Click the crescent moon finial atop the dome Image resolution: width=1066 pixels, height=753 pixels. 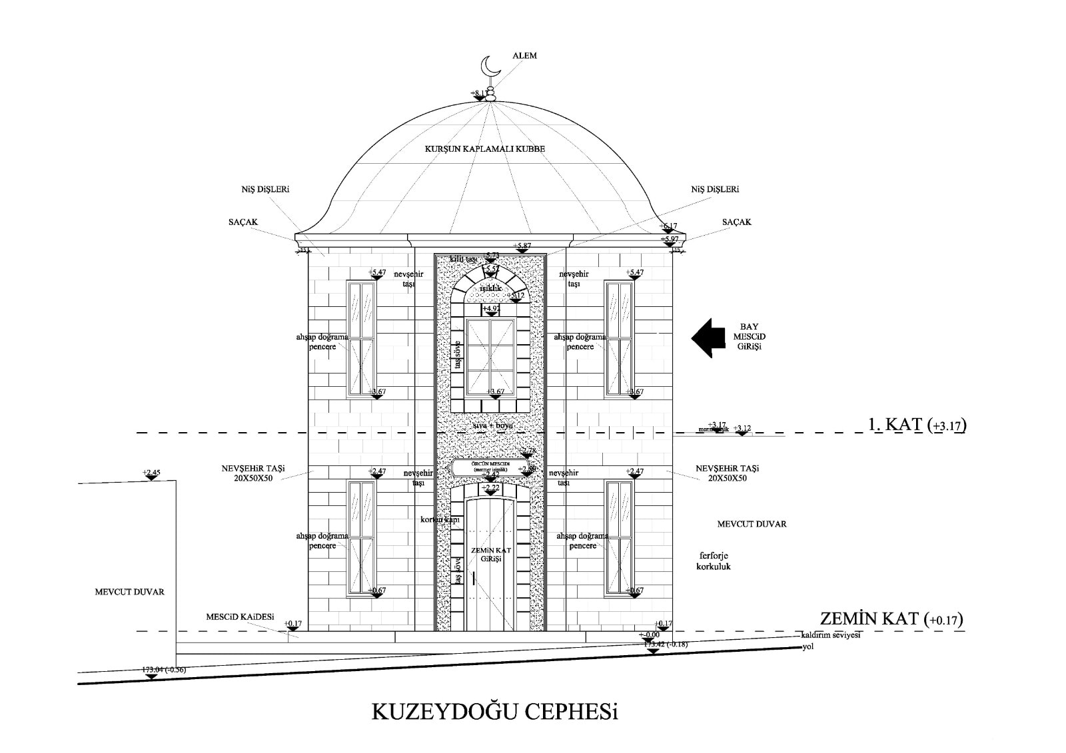click(490, 67)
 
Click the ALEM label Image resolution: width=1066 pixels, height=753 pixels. click(524, 56)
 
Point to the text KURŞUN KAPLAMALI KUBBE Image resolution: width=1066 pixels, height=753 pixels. click(484, 149)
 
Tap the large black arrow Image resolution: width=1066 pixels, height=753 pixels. click(708, 338)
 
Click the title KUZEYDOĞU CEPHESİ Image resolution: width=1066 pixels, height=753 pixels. click(494, 713)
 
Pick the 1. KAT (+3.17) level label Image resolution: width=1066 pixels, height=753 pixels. click(917, 425)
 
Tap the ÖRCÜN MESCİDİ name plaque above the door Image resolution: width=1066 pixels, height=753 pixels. click(490, 467)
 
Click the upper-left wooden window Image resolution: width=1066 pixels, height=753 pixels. click(361, 339)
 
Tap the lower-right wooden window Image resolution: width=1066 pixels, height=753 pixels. click(619, 537)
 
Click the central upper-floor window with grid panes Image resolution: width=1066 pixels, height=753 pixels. click(490, 358)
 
